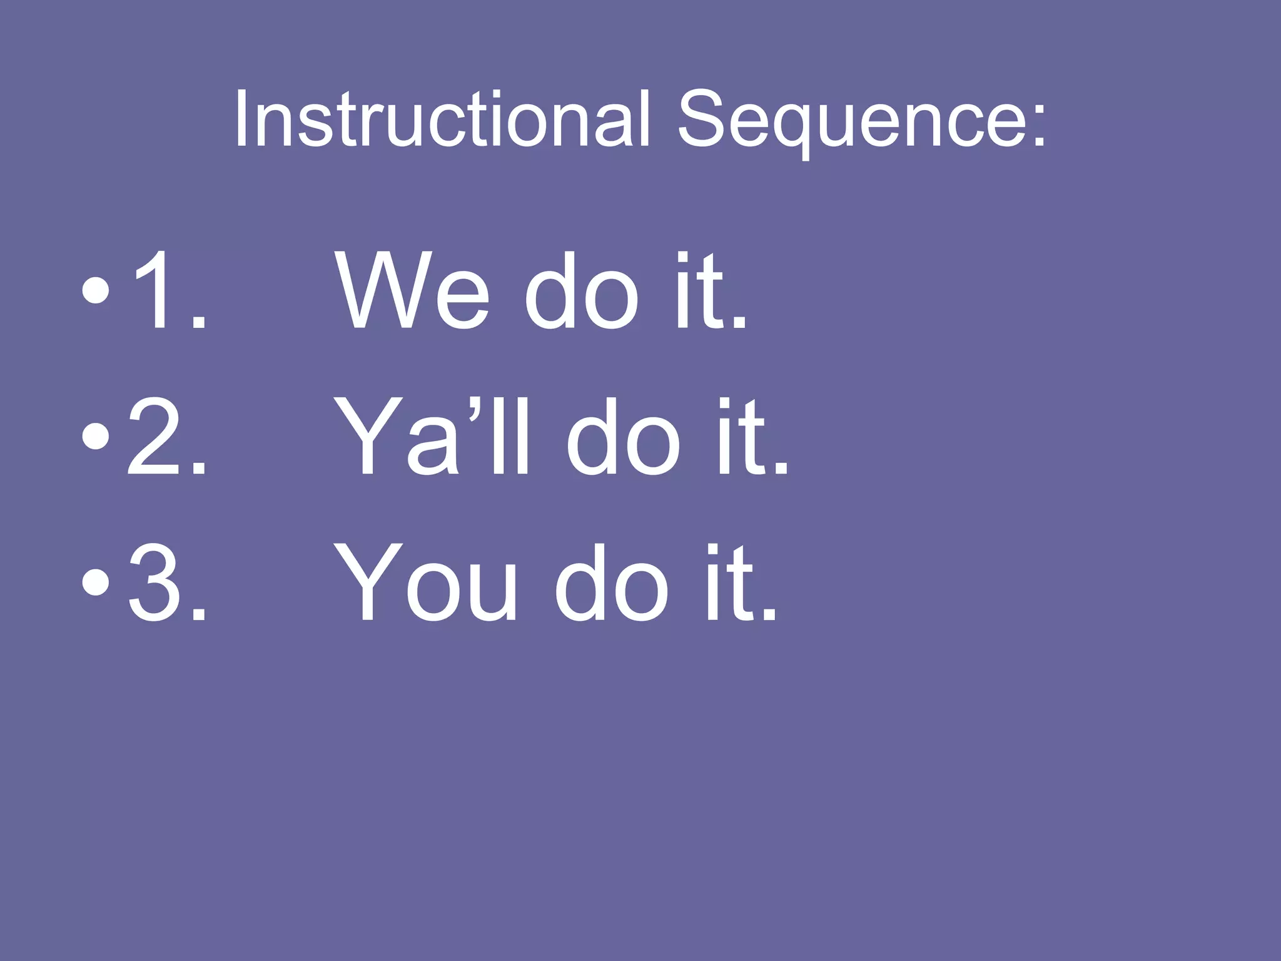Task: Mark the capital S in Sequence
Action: click(704, 119)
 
